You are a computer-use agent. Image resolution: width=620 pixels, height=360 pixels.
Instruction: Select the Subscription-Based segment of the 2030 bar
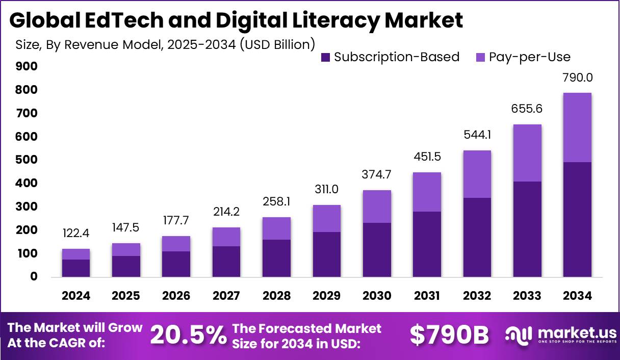point(377,249)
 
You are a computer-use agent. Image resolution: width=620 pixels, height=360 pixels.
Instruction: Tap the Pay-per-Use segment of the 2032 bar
point(477,174)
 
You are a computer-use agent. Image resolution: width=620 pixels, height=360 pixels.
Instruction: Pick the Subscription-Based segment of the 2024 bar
point(76,268)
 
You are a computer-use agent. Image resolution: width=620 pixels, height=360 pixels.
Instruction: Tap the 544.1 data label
point(477,136)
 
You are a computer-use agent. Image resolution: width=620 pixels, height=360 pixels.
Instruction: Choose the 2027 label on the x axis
point(226,296)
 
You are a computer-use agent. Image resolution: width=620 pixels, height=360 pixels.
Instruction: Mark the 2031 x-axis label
point(427,296)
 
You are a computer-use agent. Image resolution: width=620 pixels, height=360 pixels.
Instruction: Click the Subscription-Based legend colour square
point(326,58)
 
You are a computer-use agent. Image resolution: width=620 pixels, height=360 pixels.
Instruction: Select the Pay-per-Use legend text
point(529,57)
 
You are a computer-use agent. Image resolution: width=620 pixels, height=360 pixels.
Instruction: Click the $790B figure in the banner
point(449,335)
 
